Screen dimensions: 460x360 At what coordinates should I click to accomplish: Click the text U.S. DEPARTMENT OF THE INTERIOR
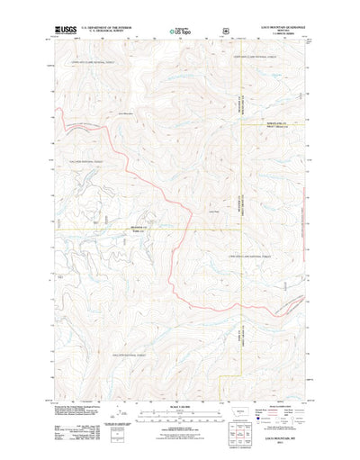tap(105, 27)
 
